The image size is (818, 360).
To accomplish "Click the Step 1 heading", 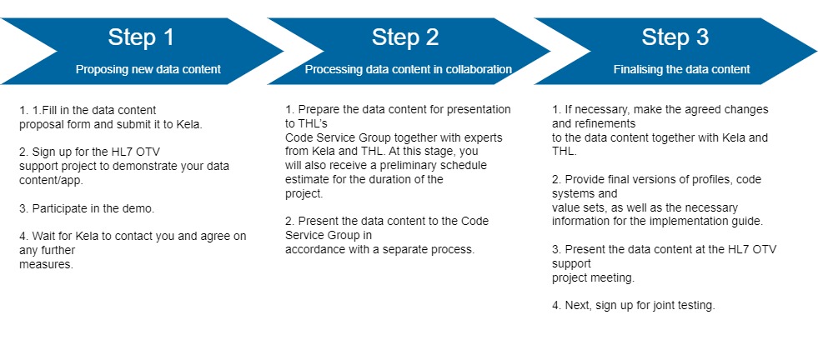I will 141,37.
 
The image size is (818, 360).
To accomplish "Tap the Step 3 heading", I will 675,37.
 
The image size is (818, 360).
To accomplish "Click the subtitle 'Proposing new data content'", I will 148,70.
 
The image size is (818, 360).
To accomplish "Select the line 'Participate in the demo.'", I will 87,207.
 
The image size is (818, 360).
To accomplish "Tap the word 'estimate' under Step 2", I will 308,180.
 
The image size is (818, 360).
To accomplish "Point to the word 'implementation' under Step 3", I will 667,222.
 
